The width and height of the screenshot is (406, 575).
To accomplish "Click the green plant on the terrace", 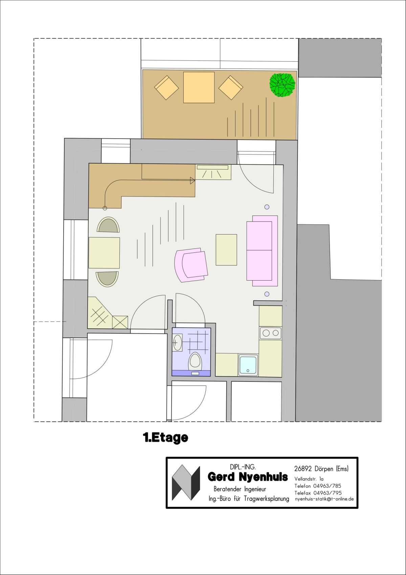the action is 283,85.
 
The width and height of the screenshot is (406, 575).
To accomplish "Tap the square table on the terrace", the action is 199,87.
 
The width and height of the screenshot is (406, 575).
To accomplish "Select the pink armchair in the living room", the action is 191,265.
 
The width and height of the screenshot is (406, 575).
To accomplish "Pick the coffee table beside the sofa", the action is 226,249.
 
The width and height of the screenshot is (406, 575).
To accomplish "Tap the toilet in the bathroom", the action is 195,361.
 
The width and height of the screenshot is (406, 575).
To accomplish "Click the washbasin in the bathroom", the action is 177,343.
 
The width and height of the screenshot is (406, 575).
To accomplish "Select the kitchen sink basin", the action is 248,365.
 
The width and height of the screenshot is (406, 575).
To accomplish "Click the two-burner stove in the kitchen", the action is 271,333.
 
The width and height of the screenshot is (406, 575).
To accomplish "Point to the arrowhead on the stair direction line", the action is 193,181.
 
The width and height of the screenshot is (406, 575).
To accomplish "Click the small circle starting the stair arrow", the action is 105,208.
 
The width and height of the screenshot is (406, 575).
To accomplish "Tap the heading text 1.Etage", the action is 165,438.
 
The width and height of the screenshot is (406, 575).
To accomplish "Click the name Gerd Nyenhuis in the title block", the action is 248,477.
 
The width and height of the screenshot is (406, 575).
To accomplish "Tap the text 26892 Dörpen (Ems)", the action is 321,469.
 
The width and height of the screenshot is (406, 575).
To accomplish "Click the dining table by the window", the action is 104,253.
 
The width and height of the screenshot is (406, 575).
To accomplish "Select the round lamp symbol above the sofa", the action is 267,207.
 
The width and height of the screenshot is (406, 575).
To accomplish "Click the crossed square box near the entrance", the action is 120,322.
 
